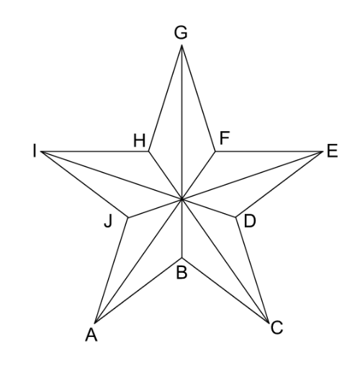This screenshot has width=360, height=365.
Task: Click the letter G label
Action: [181, 32]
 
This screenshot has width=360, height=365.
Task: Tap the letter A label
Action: [91, 335]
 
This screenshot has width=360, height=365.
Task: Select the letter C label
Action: [276, 328]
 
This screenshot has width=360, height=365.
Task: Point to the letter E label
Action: [333, 151]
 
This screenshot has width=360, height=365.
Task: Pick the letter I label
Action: [35, 151]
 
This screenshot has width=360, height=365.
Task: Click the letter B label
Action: [181, 272]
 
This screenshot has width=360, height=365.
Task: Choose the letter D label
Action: [250, 221]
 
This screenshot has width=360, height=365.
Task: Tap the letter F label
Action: [225, 138]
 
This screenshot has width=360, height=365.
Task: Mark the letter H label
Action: [140, 140]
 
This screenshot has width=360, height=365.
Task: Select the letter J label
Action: [109, 221]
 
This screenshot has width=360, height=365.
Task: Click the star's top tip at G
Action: [181, 45]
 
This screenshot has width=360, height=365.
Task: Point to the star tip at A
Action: [95, 323]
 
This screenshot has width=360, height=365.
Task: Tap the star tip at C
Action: [268, 322]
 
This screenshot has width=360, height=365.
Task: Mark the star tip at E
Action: [323, 151]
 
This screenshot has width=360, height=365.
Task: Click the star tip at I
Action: [41, 152]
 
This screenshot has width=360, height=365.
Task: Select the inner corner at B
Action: [182, 258]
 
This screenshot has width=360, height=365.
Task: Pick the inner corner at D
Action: [236, 217]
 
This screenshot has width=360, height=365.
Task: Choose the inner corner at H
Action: [149, 151]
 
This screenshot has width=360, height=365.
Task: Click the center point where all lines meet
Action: [182, 199]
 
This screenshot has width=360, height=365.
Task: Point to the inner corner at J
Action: [128, 217]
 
